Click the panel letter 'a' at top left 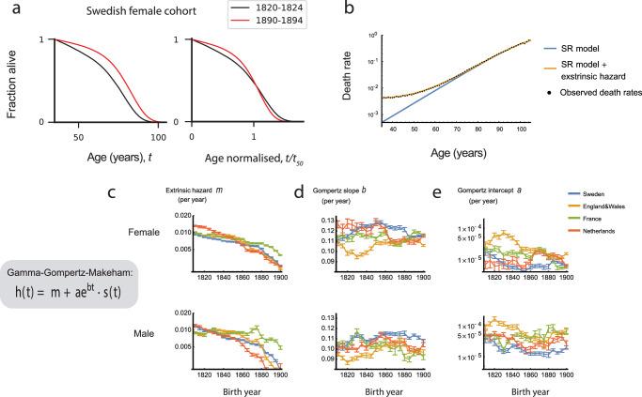click(8, 8)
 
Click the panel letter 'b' click(352, 8)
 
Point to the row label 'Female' click(132, 226)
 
